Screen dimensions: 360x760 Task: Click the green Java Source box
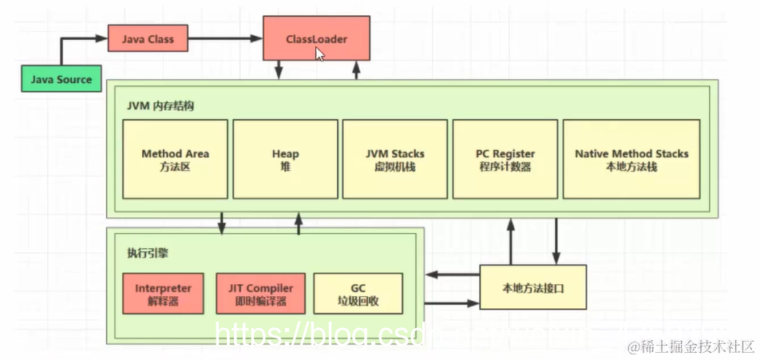pyautogui.click(x=61, y=79)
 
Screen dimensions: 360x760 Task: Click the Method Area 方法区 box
pyautogui.click(x=175, y=160)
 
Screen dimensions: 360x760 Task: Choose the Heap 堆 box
pyautogui.click(x=285, y=160)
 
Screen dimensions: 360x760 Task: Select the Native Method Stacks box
pyautogui.click(x=631, y=160)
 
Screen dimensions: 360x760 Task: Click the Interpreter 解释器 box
pyautogui.click(x=163, y=294)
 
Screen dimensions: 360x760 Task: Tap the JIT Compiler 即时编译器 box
pyautogui.click(x=260, y=294)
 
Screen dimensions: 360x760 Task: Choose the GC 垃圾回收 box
pyautogui.click(x=358, y=294)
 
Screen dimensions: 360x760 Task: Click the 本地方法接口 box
pyautogui.click(x=532, y=287)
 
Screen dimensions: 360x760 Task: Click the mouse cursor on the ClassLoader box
pyautogui.click(x=319, y=54)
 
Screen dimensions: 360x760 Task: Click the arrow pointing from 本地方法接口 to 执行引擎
pyautogui.click(x=452, y=275)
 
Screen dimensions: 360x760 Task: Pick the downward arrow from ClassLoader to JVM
pyautogui.click(x=279, y=70)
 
